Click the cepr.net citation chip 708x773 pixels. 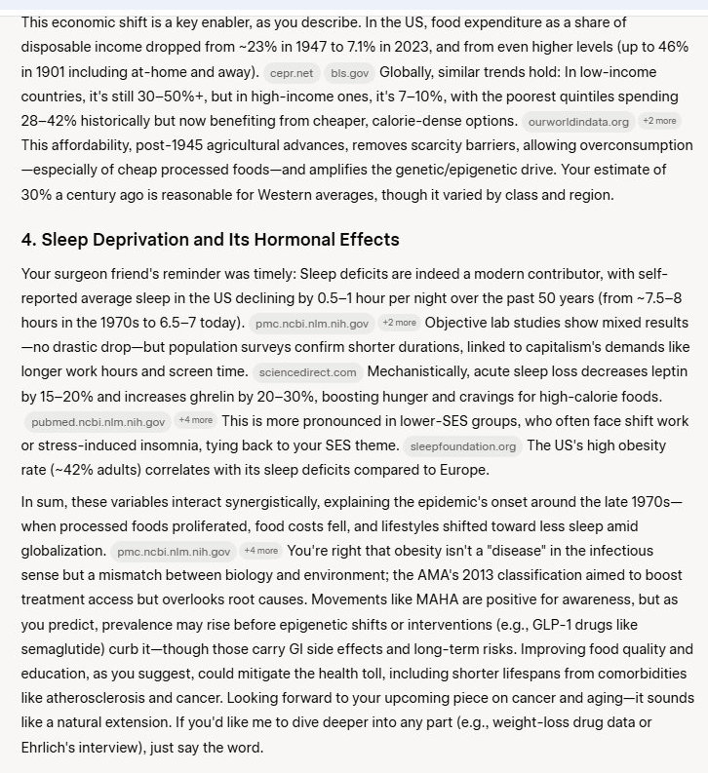(x=292, y=72)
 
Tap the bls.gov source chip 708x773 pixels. (x=348, y=72)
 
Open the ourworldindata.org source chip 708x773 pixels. (x=578, y=122)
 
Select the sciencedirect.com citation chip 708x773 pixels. (x=307, y=372)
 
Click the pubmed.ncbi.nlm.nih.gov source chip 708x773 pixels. (x=98, y=422)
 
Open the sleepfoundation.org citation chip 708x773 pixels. (x=462, y=446)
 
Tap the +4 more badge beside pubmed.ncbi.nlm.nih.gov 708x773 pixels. (x=196, y=421)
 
